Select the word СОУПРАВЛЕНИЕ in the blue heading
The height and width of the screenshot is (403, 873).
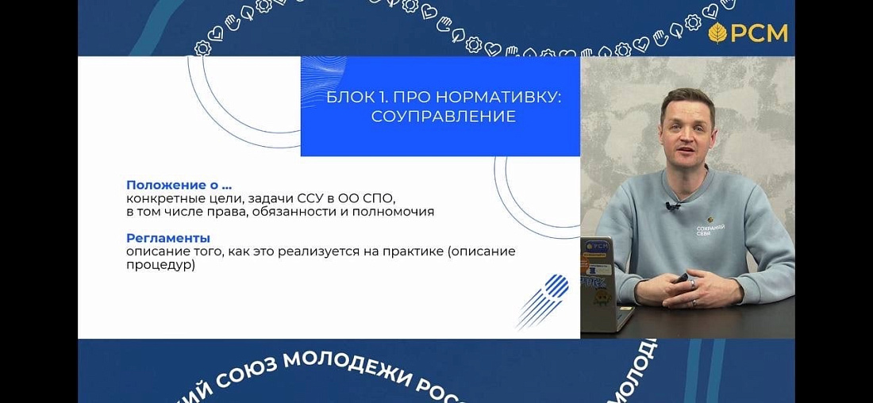pos(443,117)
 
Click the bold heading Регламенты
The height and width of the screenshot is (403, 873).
pos(167,237)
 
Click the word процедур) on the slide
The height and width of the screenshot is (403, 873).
pos(160,266)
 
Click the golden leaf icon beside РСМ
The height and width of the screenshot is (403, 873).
pos(718,33)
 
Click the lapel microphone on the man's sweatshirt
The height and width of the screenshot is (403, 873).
pos(673,207)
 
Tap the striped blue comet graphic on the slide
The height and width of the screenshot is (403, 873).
pos(545,299)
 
